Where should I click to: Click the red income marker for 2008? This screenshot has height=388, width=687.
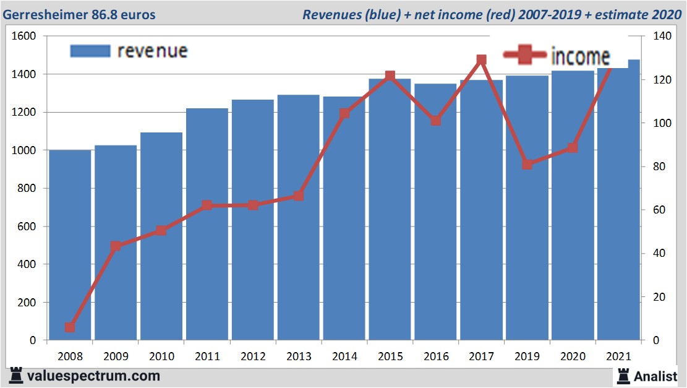(70, 327)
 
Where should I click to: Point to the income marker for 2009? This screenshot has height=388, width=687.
(116, 246)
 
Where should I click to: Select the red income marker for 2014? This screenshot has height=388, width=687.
(344, 114)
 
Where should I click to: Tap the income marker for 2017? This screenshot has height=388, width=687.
(482, 60)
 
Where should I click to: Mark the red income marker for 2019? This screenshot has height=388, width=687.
(527, 164)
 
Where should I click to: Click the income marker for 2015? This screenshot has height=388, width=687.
(390, 76)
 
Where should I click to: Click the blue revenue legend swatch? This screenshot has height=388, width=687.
(90, 51)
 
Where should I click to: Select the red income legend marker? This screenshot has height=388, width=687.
(525, 56)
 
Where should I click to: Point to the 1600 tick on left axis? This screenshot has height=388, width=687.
(23, 37)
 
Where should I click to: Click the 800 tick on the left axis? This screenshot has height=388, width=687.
(26, 189)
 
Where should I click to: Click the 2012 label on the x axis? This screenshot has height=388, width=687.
(253, 357)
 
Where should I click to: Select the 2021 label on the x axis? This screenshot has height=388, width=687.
(618, 357)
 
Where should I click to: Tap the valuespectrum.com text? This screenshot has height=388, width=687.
(93, 376)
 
